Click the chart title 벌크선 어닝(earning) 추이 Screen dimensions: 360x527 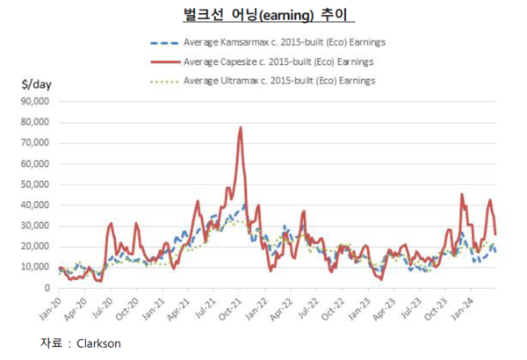point(263,15)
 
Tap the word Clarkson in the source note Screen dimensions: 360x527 point(97,343)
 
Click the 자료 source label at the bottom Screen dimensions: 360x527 point(52,343)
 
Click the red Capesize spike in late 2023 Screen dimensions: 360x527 point(462,195)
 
